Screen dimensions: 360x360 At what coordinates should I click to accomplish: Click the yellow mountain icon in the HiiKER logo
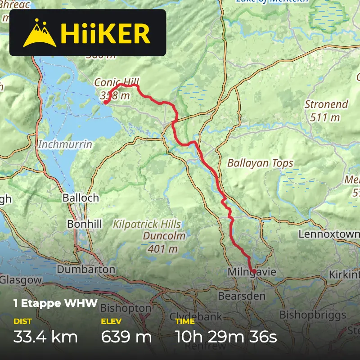(x=39, y=33)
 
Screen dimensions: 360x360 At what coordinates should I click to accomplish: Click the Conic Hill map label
(x=117, y=82)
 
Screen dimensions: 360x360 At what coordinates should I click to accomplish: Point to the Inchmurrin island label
(x=65, y=144)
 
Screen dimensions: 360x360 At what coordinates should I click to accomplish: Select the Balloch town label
(x=81, y=198)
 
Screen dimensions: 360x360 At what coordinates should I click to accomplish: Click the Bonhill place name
(x=85, y=224)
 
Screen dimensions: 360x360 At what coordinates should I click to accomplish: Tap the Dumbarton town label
(x=86, y=270)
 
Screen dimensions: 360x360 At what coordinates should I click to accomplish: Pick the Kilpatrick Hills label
(x=147, y=224)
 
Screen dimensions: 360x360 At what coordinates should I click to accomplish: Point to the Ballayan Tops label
(x=260, y=163)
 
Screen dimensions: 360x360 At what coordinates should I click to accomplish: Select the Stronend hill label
(x=326, y=104)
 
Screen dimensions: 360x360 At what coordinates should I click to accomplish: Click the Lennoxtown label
(x=328, y=234)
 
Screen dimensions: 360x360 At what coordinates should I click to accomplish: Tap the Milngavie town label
(x=251, y=272)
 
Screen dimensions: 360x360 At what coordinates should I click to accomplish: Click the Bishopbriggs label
(x=313, y=315)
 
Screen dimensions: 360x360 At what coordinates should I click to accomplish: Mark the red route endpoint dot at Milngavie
(x=254, y=271)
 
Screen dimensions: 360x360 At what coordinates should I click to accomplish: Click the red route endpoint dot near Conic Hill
(x=106, y=102)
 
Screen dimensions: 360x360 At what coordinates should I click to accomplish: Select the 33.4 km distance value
(x=45, y=336)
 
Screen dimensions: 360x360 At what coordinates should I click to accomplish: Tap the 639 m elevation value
(x=126, y=336)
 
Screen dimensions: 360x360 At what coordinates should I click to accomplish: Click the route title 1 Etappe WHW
(x=55, y=303)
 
